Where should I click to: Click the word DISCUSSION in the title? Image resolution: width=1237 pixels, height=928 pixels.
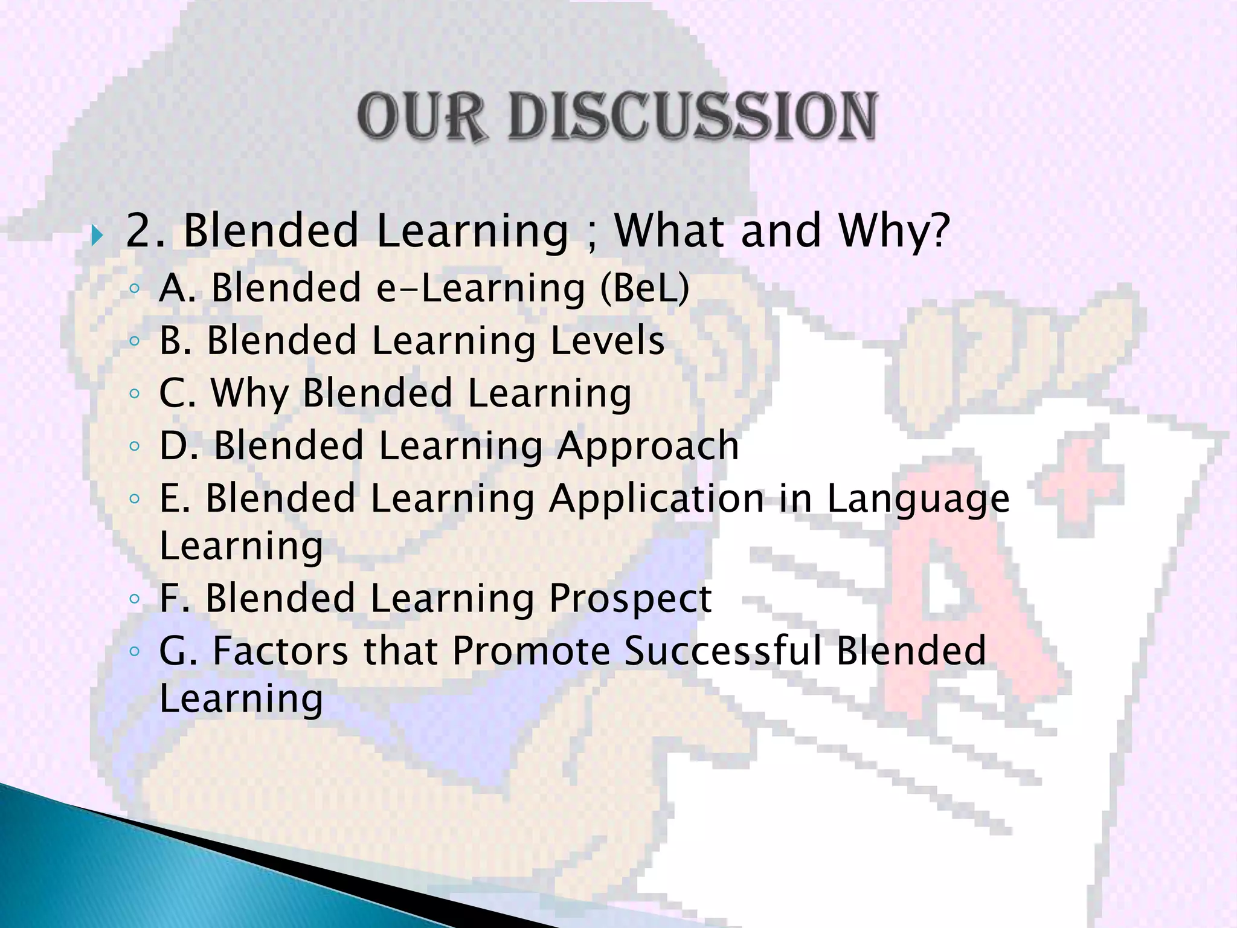692,117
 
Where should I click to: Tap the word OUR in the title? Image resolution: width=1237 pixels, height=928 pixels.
422,117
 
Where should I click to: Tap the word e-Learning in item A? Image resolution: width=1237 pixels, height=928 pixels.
481,288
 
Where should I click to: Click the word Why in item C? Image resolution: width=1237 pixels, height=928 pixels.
249,393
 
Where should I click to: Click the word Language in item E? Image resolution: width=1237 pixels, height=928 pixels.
917,499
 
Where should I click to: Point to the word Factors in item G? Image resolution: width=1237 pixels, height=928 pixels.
280,651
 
